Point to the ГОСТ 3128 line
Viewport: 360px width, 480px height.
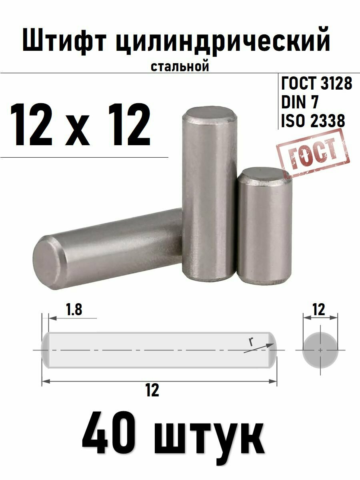[317, 84]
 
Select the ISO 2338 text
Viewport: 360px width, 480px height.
[313, 121]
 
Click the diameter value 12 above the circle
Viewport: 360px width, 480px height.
[320, 309]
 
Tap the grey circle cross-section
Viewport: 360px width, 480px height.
[320, 350]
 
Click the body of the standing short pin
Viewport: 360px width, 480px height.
[264, 232]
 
